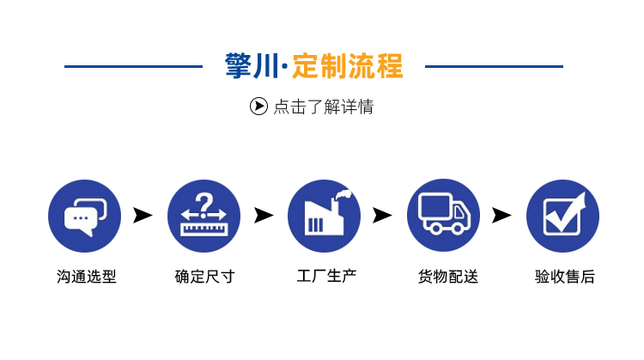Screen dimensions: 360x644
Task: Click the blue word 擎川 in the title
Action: tap(252, 66)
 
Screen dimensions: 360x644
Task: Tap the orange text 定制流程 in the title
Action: tap(347, 66)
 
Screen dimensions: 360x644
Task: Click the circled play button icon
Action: tap(258, 107)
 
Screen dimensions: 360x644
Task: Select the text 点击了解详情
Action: tap(324, 107)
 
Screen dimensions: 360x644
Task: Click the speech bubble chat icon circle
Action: tap(84, 216)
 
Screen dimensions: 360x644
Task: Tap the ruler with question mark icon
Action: tap(204, 216)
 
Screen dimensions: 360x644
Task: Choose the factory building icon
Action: tap(324, 216)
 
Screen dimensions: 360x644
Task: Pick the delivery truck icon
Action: tap(443, 216)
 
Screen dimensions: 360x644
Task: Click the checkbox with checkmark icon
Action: tap(562, 216)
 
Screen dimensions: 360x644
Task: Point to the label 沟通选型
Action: tap(86, 277)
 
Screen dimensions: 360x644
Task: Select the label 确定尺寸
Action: tap(204, 277)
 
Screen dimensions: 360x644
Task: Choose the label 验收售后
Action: tap(564, 277)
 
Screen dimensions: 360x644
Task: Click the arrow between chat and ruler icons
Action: tap(143, 215)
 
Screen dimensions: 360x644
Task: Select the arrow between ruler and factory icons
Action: tap(264, 215)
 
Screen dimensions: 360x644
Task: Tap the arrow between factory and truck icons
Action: tap(383, 215)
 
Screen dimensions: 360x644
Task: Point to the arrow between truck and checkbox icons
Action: tap(501, 215)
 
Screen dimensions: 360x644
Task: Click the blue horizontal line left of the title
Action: tap(133, 66)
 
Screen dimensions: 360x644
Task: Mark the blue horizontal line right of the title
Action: tap(494, 66)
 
